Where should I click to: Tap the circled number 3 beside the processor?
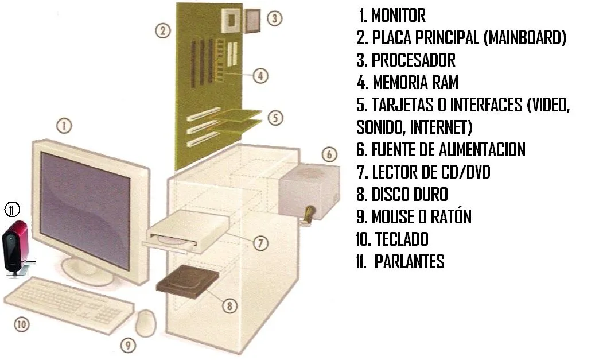[275, 18]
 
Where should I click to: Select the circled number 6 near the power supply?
[329, 154]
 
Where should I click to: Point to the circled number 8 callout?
[229, 306]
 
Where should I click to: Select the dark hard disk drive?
[188, 280]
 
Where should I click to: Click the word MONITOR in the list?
[398, 16]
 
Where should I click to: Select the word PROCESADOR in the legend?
[413, 60]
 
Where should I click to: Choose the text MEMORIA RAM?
[415, 82]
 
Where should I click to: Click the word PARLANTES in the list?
[409, 262]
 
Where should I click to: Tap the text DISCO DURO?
[410, 194]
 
